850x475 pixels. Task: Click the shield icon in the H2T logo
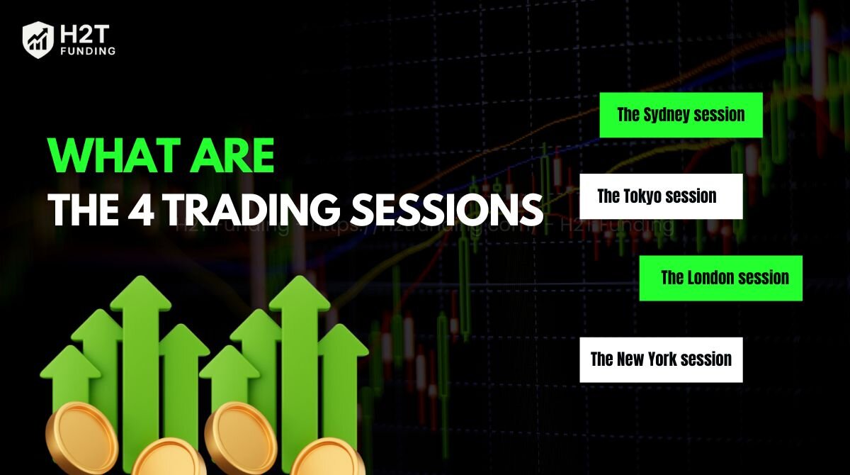tap(38, 39)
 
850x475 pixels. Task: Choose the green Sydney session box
tap(681, 115)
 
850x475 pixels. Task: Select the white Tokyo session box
tap(661, 196)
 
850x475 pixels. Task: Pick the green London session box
tap(720, 278)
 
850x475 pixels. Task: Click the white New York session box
tap(661, 359)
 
